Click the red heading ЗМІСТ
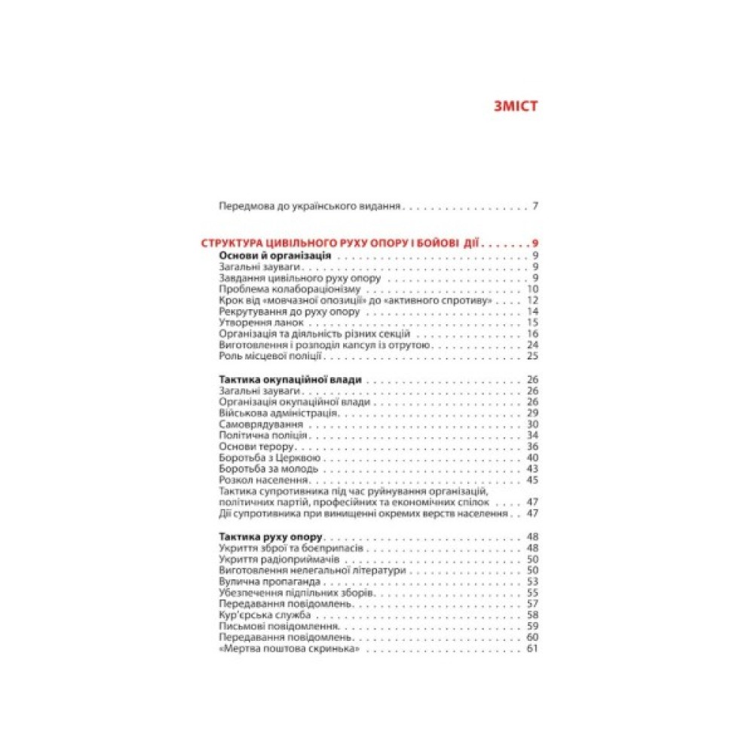(x=515, y=106)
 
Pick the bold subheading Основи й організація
(x=275, y=256)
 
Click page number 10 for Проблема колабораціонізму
(x=532, y=290)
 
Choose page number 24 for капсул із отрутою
(x=532, y=345)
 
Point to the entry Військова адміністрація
(x=277, y=413)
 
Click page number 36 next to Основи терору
(x=532, y=446)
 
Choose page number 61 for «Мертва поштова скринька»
(x=532, y=649)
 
